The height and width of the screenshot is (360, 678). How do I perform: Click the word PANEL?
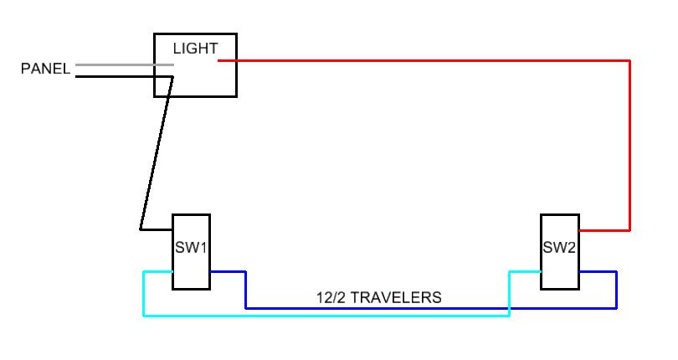tap(45, 69)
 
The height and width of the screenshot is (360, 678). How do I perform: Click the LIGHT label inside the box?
tap(195, 49)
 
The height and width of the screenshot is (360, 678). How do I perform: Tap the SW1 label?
tap(191, 248)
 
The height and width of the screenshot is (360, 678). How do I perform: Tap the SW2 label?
tap(559, 248)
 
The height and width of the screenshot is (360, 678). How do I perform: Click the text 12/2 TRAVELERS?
tap(379, 298)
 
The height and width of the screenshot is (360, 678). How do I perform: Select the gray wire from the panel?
tap(125, 65)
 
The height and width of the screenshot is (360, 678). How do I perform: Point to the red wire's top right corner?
tap(629, 61)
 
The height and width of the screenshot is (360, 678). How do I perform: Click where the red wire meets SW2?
tap(579, 230)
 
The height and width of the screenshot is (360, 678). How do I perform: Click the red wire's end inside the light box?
tap(218, 61)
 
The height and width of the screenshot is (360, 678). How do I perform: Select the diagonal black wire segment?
tap(157, 153)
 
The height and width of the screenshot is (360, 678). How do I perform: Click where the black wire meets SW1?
tap(172, 229)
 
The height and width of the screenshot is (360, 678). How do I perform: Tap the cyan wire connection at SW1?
tap(172, 272)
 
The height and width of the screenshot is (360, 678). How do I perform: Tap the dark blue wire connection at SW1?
tap(211, 272)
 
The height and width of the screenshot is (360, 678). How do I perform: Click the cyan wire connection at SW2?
tap(541, 272)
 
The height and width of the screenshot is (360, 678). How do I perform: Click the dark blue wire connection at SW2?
tap(579, 272)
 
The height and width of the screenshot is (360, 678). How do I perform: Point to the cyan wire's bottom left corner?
tap(144, 316)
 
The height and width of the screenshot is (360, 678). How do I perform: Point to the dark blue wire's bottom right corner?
tap(616, 308)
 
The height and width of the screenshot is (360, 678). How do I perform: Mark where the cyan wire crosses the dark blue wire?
tap(510, 308)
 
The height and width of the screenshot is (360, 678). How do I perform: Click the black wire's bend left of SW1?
tap(141, 229)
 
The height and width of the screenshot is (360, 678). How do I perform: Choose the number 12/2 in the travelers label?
tap(331, 298)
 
